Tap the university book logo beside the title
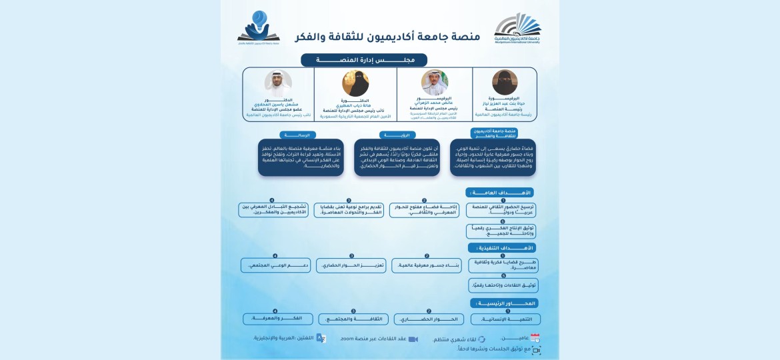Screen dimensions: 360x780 517,29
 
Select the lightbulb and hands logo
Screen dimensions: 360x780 259,27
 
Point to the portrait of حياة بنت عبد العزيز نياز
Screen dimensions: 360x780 505,83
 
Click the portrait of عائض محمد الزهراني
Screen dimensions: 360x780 435,83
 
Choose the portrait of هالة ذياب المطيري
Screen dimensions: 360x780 355,83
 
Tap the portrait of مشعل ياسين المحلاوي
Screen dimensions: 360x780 277,83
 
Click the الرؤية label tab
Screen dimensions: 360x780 389,135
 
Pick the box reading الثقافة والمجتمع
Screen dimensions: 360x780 353,319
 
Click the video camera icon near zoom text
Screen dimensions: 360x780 413,339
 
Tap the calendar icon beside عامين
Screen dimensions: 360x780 535,338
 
